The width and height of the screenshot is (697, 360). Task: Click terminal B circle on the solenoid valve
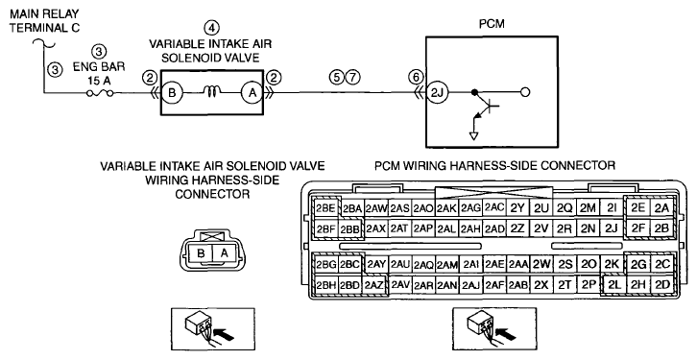point(173,93)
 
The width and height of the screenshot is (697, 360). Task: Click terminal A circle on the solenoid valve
point(252,93)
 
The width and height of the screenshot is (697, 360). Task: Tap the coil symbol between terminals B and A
point(212,92)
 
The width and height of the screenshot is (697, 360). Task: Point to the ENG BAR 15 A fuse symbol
point(100,93)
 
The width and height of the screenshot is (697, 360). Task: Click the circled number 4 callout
point(211,28)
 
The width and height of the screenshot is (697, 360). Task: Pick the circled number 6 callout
point(416,77)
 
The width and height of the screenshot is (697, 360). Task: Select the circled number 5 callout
point(336,77)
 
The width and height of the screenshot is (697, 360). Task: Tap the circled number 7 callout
point(352,77)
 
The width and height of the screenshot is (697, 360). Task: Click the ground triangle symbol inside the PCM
point(474,135)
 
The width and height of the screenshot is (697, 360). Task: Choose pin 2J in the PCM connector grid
point(612,228)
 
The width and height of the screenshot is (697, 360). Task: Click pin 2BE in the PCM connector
point(325,208)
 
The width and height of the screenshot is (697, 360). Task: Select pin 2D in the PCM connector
point(662,284)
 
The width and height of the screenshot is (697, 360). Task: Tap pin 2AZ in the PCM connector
point(374,285)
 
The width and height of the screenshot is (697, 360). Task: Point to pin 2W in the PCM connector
point(541,264)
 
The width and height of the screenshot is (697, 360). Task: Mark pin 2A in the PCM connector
point(661,207)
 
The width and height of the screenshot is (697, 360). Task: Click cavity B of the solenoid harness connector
point(201,253)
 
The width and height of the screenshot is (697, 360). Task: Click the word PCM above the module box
point(492,24)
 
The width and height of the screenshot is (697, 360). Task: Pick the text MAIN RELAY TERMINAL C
point(44,21)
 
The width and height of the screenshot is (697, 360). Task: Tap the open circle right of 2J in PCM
point(525,92)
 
